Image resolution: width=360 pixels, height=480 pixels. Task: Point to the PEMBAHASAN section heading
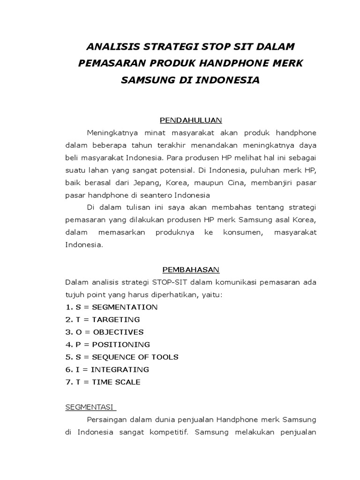(x=191, y=270)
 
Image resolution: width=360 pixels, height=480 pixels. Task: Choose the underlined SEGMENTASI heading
(x=90, y=407)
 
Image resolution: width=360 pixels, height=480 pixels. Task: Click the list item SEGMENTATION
(x=125, y=307)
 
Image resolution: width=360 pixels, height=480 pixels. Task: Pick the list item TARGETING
(x=116, y=320)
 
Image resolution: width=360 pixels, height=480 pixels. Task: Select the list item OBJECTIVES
(x=118, y=332)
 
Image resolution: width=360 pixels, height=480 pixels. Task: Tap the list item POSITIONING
(x=120, y=345)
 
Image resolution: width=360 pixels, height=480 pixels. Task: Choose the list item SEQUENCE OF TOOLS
(x=135, y=357)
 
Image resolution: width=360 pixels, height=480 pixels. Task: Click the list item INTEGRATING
(x=120, y=369)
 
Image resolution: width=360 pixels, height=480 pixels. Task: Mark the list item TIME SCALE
(x=116, y=382)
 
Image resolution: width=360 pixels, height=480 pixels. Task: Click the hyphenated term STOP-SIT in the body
(x=169, y=282)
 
